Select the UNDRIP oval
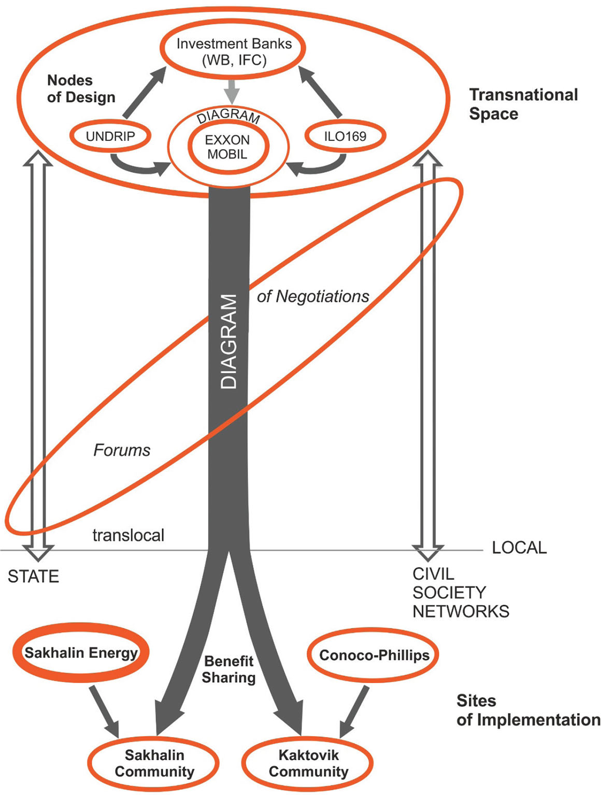pyautogui.click(x=110, y=136)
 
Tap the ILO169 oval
pyautogui.click(x=345, y=137)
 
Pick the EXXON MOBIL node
pyautogui.click(x=227, y=147)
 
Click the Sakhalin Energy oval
pyautogui.click(x=81, y=653)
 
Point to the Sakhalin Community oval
pyautogui.click(x=154, y=763)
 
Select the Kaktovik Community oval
pyautogui.click(x=308, y=763)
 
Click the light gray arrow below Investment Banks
pyautogui.click(x=232, y=91)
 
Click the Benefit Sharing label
pyautogui.click(x=228, y=669)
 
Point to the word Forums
pyautogui.click(x=122, y=450)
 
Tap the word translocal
pyautogui.click(x=128, y=535)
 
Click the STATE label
pyautogui.click(x=33, y=577)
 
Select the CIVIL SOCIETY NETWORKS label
pyautogui.click(x=460, y=593)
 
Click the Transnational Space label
pyautogui.click(x=523, y=104)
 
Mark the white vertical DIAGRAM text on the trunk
pyautogui.click(x=228, y=342)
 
